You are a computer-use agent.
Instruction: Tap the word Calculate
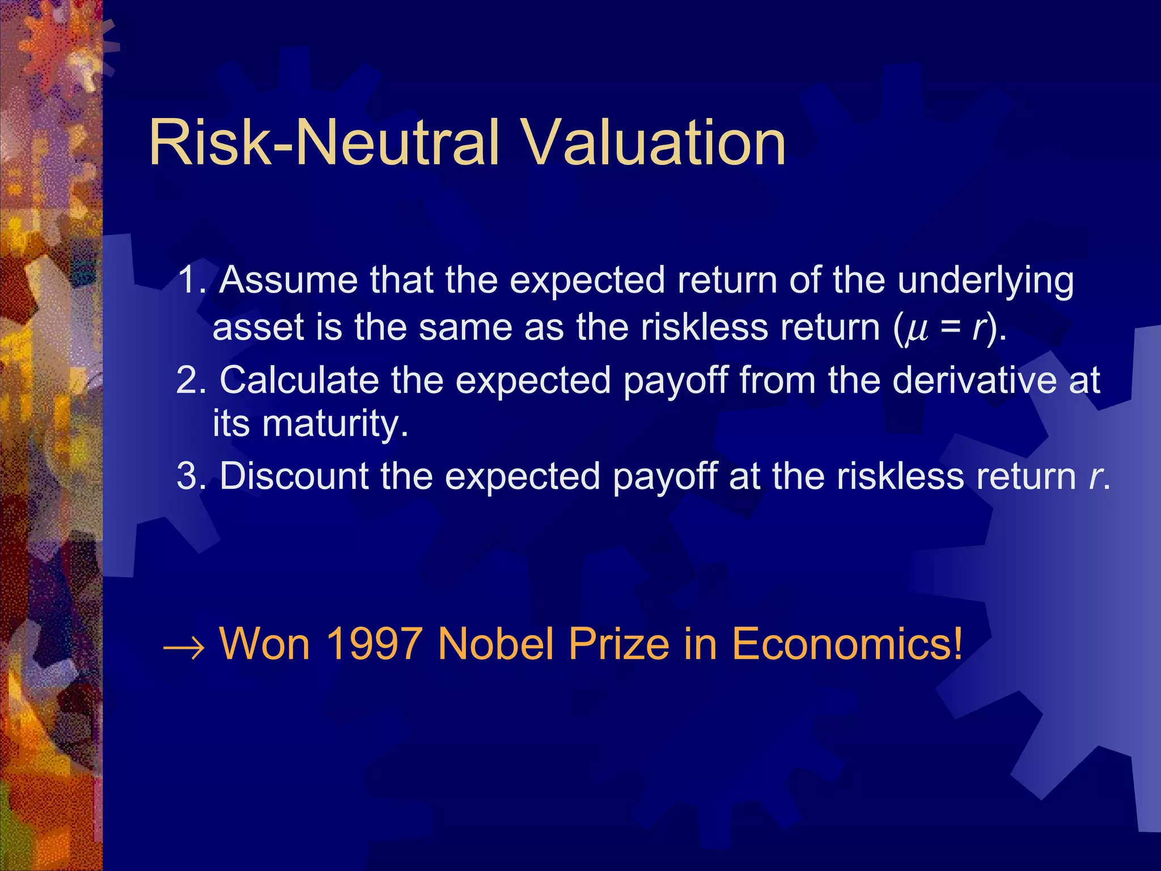click(x=299, y=380)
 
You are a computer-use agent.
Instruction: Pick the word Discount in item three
click(x=294, y=476)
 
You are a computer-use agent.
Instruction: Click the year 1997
click(x=374, y=644)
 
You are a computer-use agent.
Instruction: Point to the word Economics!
click(x=848, y=644)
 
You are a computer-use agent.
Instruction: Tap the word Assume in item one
click(x=289, y=280)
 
